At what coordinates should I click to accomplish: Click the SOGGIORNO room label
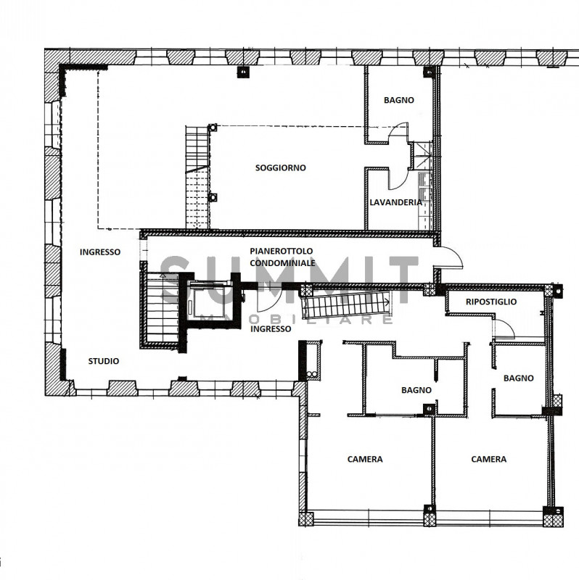click(281, 168)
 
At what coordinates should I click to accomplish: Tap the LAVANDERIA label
click(395, 202)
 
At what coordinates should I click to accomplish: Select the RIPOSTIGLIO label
click(491, 302)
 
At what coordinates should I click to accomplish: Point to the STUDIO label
click(104, 361)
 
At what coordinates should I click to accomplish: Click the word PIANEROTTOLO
click(282, 251)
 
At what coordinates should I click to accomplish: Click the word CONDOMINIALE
click(282, 263)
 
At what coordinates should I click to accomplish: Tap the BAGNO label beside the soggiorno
click(399, 100)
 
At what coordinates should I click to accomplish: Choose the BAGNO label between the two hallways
click(416, 390)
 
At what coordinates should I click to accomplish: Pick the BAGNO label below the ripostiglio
click(518, 378)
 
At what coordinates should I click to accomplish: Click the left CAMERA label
click(365, 459)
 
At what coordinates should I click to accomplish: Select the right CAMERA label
click(489, 459)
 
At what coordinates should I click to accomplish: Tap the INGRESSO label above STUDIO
click(100, 252)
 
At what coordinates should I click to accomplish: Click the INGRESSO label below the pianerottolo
click(271, 329)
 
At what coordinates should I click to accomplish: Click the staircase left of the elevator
click(161, 309)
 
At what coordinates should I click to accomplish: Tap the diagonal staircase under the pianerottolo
click(346, 304)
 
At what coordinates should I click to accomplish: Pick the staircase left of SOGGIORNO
click(197, 177)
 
